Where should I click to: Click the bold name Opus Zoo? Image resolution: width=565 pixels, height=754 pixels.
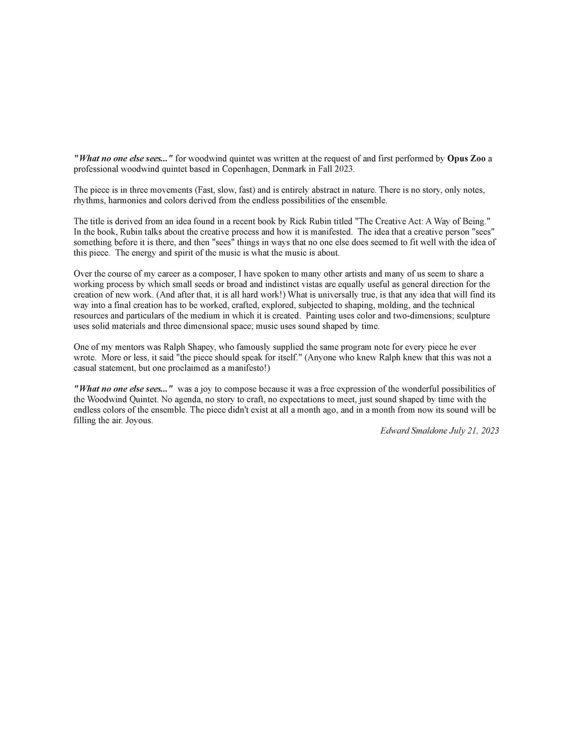click(x=466, y=158)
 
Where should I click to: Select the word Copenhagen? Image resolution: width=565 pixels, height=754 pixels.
click(x=243, y=169)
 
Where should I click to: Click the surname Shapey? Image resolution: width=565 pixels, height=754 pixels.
click(x=197, y=347)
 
